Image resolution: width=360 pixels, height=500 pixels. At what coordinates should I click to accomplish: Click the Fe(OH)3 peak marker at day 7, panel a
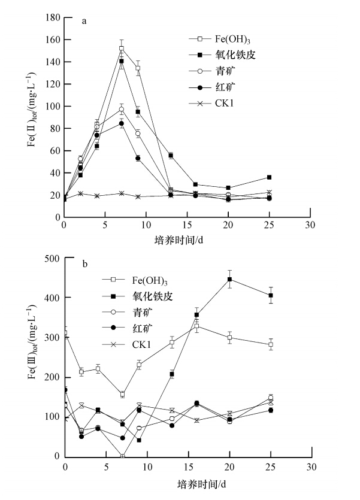(122, 49)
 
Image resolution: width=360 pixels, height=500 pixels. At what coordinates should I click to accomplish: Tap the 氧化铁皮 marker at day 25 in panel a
(269, 177)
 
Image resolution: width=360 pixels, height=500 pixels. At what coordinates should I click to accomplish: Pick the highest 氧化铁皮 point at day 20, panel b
(229, 279)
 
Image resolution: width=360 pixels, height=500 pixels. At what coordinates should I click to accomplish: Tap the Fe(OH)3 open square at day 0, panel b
(65, 333)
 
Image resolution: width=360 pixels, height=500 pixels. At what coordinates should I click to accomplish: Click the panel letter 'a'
(84, 22)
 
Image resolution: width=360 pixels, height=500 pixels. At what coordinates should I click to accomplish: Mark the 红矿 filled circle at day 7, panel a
(122, 123)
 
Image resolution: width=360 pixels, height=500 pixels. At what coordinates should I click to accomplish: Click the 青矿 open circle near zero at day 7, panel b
(123, 456)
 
